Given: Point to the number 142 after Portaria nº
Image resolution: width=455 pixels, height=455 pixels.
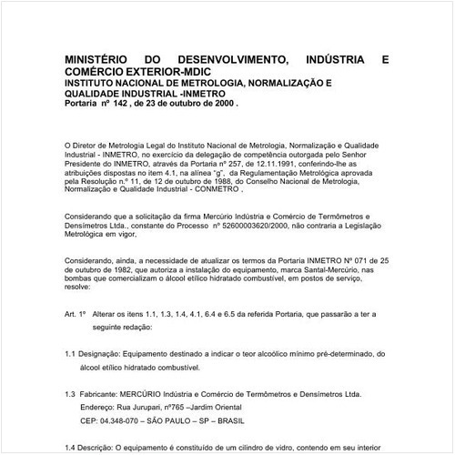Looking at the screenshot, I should [x=122, y=104].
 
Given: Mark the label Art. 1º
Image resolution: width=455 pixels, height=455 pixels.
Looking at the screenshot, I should [x=76, y=313].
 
